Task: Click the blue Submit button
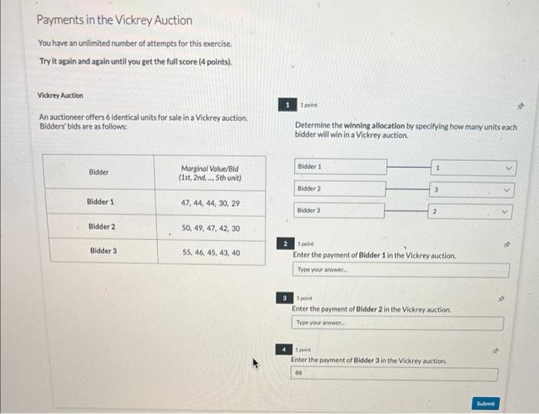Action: [485, 402]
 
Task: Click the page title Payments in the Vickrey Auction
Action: [115, 21]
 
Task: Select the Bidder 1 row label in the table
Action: [101, 202]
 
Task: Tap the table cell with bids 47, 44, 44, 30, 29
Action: [210, 203]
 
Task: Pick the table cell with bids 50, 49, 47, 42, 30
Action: [210, 228]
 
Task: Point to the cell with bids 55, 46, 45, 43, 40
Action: [210, 252]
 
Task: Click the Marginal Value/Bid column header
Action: [210, 172]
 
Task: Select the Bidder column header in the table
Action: [99, 172]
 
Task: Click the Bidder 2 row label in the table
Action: [102, 227]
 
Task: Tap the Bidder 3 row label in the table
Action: [102, 251]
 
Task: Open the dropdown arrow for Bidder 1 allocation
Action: [507, 167]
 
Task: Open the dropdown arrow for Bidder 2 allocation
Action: [507, 189]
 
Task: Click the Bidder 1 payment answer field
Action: [400, 270]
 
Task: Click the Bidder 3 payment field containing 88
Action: [393, 374]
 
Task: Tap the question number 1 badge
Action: [287, 105]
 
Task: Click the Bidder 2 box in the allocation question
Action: [341, 189]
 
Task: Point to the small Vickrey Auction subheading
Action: [60, 95]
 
